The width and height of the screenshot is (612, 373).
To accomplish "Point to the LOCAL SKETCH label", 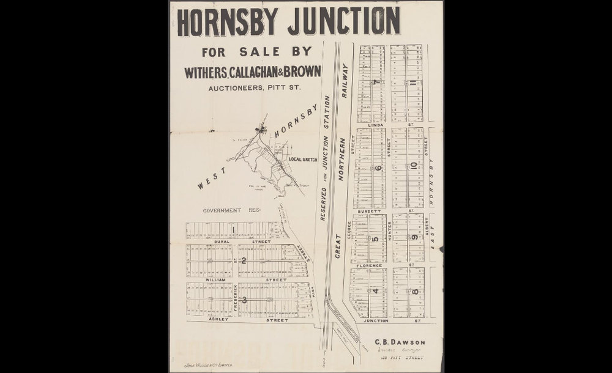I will [x=303, y=159].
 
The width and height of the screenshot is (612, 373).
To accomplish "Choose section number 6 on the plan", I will [x=378, y=168].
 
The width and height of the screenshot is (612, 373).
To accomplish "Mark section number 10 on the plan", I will [x=414, y=165].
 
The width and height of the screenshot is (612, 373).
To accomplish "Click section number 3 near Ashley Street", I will [x=244, y=300].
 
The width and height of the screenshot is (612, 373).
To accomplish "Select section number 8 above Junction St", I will [x=415, y=292].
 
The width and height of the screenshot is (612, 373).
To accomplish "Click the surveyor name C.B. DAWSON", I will [x=400, y=342].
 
